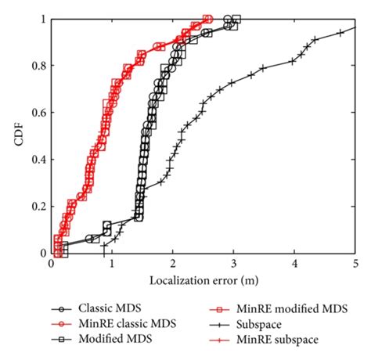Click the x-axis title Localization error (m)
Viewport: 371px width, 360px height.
pos(204,279)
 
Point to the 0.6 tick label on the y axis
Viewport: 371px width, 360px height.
pos(38,113)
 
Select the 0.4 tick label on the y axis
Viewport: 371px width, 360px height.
pos(38,160)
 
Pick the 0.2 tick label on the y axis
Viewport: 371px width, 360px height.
pos(38,207)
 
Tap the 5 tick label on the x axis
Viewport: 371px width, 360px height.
pos(355,265)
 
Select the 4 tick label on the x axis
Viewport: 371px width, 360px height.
pos(294,265)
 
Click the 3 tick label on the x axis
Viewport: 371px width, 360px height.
pos(233,265)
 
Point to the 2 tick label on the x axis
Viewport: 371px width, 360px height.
pos(173,265)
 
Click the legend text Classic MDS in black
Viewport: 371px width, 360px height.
pos(103,307)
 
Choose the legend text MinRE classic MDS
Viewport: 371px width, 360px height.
pos(117,323)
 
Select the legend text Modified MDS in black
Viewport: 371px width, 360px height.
pos(106,340)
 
